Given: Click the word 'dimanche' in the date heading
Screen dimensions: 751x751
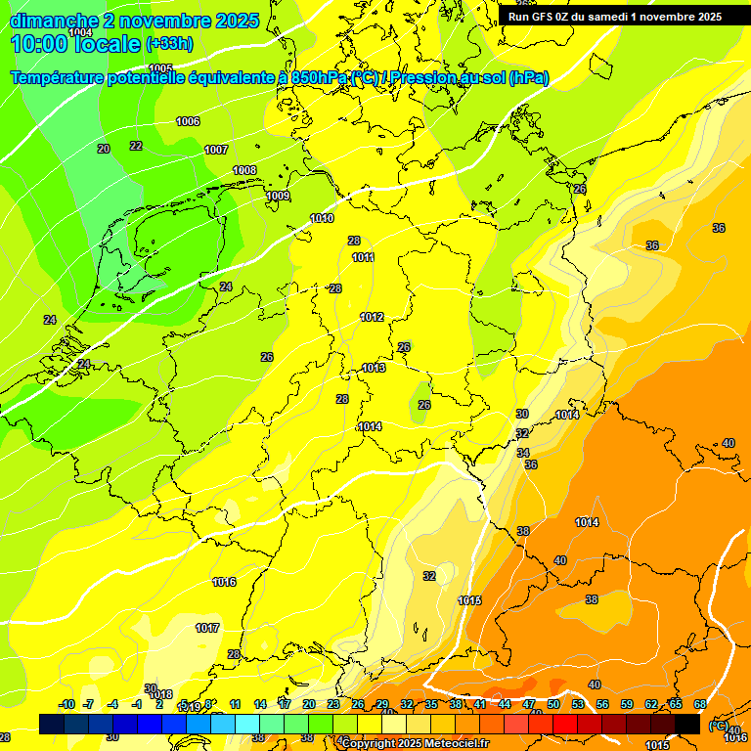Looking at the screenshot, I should [54, 21].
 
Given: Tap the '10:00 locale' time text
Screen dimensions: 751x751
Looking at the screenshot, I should [75, 45].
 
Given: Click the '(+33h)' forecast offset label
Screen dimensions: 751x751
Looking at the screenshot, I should [169, 44].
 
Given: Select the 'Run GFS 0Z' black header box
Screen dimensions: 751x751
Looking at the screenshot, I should [615, 16].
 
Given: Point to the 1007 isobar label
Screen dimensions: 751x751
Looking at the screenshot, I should [216, 150].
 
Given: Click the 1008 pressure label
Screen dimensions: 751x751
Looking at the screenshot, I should [244, 170].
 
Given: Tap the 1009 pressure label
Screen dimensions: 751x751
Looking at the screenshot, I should [279, 196].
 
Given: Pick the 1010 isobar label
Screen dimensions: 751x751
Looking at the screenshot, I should [322, 218].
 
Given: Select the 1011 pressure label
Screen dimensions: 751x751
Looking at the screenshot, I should [363, 257].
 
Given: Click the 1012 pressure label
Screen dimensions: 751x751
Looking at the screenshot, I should [372, 317].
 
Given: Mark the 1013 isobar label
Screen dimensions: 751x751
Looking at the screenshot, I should [374, 368].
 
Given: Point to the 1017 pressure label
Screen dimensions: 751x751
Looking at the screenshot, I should [207, 628].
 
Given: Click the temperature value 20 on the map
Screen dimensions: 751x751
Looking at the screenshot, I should [104, 149].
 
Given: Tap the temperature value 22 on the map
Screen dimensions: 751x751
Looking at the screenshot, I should [136, 146].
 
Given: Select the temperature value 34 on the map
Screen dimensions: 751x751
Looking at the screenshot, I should [523, 453].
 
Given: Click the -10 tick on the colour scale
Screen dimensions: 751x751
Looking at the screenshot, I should [66, 704].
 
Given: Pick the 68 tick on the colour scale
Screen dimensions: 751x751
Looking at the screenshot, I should [700, 704].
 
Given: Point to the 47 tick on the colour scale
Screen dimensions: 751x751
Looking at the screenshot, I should [529, 704].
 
